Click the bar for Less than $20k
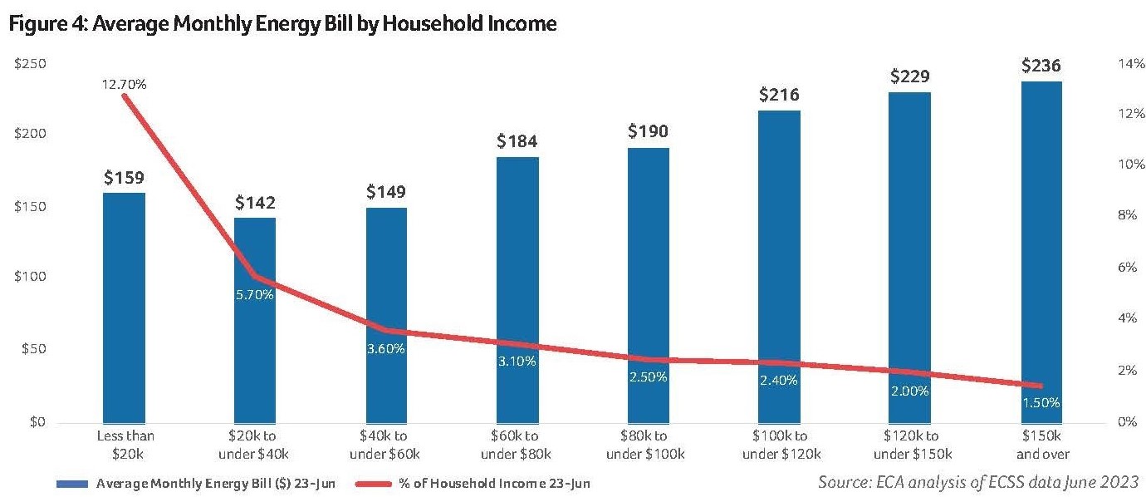point(124,308)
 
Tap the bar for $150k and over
point(1041,249)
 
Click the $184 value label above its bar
point(517,141)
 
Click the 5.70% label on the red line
point(254,295)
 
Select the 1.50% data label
point(1041,402)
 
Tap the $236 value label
point(1041,66)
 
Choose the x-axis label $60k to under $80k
point(517,445)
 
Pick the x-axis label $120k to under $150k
point(909,445)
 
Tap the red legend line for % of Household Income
point(387,483)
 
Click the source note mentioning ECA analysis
point(977,482)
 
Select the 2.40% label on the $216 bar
point(778,381)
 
